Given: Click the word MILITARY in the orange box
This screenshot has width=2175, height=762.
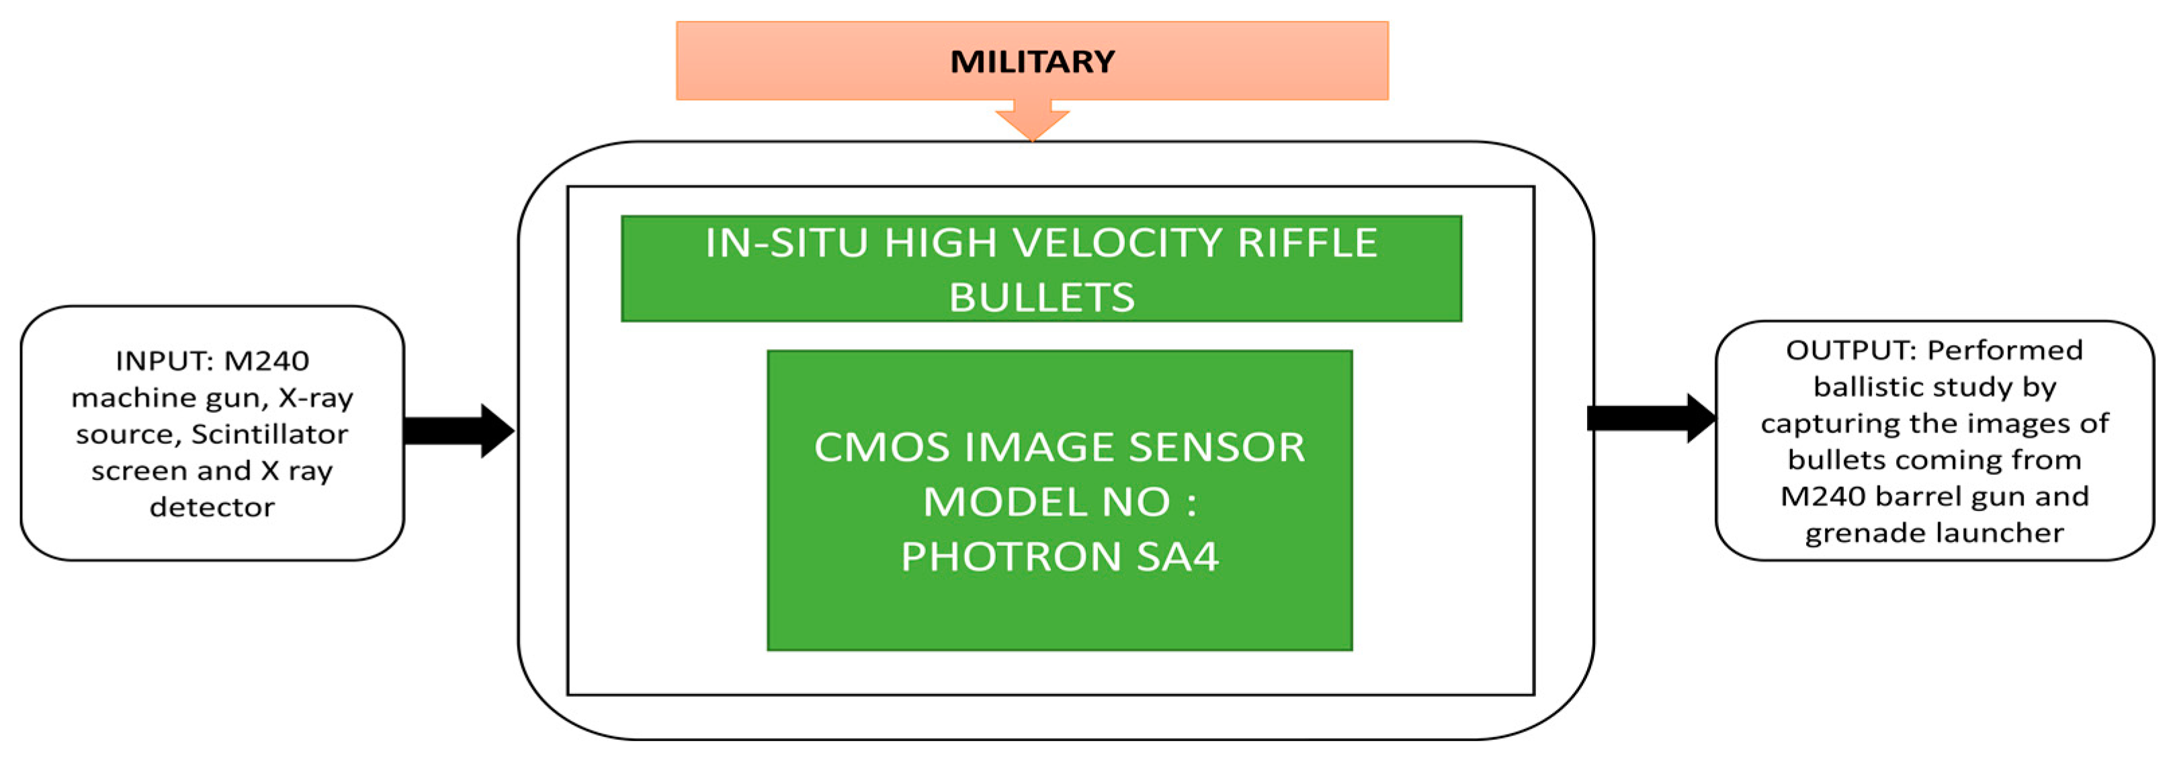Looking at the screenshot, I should click(1032, 62).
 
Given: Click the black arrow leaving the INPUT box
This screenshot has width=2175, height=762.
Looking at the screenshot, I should click(460, 431).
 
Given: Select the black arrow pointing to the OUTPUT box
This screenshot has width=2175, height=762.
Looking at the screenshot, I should click(1651, 418).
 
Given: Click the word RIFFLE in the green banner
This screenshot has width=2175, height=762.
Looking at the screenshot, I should click(1307, 243).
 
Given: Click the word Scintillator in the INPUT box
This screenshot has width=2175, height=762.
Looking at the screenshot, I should click(269, 434).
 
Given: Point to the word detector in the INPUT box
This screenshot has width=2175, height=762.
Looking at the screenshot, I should click(212, 508).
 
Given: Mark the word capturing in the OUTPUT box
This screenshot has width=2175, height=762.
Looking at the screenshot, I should click(1840, 423).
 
